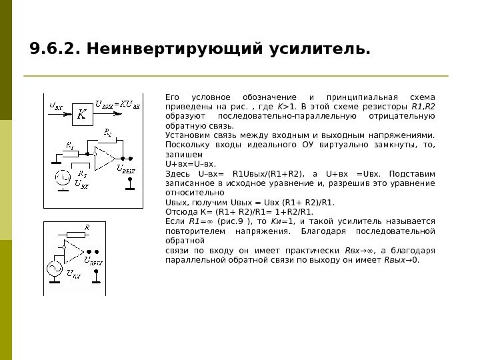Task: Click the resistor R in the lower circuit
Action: click(x=77, y=234)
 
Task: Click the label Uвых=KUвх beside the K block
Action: click(x=117, y=104)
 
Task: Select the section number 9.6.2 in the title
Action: click(x=53, y=50)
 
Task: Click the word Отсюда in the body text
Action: click(x=178, y=212)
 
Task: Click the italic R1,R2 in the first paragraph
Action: click(x=423, y=106)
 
